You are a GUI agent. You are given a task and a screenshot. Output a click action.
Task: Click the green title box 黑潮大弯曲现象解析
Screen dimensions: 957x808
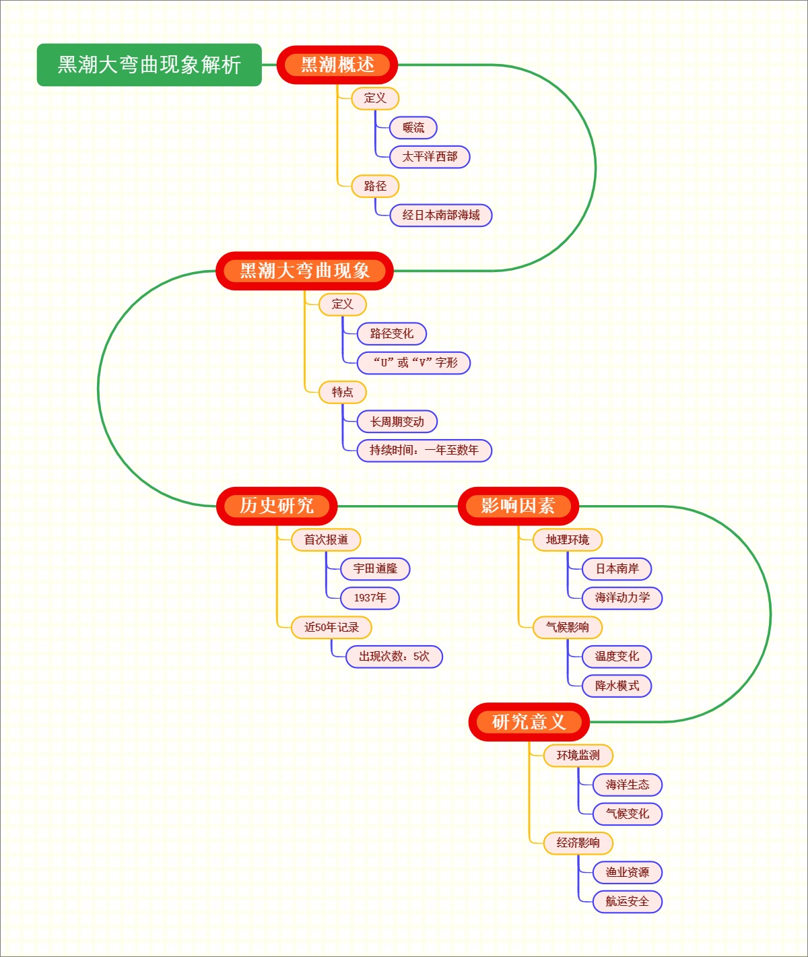149,65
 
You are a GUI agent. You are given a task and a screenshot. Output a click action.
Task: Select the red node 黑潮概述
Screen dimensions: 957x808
337,65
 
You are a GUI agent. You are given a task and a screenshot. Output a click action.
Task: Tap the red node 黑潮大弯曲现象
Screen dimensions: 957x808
304,271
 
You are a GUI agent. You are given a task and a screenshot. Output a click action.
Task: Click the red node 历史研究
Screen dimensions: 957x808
277,506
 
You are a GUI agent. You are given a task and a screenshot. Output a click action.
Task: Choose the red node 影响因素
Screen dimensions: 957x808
518,506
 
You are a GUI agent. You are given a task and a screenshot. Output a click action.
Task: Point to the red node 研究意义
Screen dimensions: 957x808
529,722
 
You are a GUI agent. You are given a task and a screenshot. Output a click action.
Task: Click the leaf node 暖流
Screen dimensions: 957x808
413,127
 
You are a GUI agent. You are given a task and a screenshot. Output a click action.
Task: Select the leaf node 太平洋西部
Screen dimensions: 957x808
430,157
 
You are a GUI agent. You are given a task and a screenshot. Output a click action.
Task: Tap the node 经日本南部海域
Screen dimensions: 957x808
441,216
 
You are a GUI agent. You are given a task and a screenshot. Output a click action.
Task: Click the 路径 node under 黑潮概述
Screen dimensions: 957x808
375,186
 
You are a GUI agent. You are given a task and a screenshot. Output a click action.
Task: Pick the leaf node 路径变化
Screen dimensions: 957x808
391,333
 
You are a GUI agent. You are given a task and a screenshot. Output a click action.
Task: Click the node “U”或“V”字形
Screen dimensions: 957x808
413,362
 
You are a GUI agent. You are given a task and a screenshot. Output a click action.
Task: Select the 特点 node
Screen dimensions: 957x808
342,392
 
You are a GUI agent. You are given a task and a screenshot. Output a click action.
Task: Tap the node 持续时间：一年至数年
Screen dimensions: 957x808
424,451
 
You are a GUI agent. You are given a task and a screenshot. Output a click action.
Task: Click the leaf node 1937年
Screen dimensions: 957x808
370,598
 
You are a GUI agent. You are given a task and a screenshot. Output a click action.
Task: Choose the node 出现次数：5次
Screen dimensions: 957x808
394,657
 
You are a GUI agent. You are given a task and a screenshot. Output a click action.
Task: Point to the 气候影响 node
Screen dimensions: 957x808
567,628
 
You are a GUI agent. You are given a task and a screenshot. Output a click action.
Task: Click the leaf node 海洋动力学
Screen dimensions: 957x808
622,598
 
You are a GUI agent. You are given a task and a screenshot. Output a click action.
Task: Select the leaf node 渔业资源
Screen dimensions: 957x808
627,872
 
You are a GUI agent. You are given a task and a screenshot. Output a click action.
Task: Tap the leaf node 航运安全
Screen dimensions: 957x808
627,902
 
